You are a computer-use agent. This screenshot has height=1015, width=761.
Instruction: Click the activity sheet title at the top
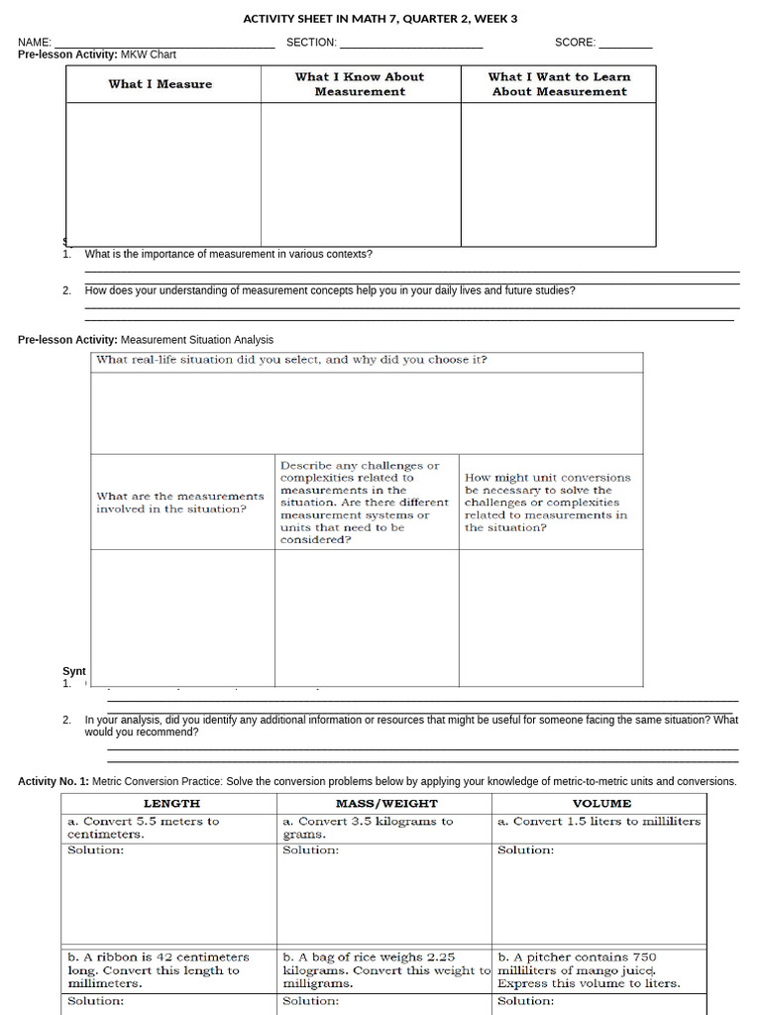click(380, 19)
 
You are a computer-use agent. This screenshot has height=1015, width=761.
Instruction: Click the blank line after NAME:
click(163, 44)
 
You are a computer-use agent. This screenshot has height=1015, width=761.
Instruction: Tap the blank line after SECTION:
click(410, 44)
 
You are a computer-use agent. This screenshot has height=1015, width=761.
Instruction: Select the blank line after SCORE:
click(625, 44)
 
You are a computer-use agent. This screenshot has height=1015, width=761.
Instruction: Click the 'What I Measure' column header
click(161, 84)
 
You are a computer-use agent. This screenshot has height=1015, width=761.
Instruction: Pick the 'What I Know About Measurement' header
click(360, 84)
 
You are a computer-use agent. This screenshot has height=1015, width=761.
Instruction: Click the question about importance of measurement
click(228, 255)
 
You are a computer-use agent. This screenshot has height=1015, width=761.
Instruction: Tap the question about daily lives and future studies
click(329, 291)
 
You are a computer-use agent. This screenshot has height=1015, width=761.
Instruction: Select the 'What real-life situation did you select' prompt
click(291, 360)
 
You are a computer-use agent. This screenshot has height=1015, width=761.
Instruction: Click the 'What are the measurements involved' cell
click(180, 503)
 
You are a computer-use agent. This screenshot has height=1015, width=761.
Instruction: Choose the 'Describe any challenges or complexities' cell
click(364, 503)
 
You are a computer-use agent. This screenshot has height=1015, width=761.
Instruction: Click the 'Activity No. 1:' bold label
click(54, 782)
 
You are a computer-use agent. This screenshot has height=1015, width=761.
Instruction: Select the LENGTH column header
click(171, 804)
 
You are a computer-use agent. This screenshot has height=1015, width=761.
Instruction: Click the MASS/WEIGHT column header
click(386, 804)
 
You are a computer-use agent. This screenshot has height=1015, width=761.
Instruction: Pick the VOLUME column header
click(601, 804)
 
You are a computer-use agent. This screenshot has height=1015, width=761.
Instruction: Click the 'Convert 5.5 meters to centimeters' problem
click(144, 828)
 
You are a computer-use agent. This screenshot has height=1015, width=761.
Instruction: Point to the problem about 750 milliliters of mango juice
click(589, 970)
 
